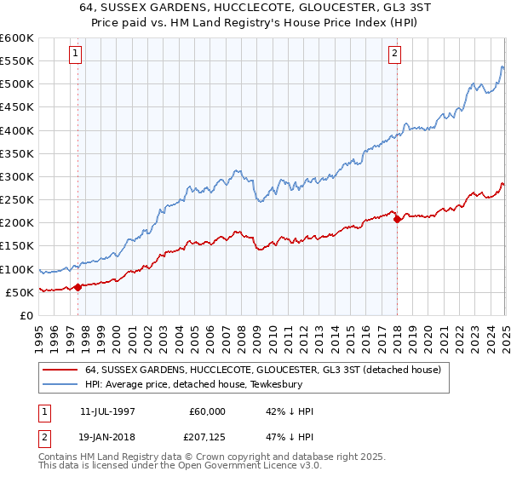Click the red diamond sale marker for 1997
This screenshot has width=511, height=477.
[x=78, y=287]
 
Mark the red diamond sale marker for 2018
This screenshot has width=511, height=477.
[x=397, y=219]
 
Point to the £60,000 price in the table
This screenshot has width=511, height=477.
[x=208, y=411]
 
